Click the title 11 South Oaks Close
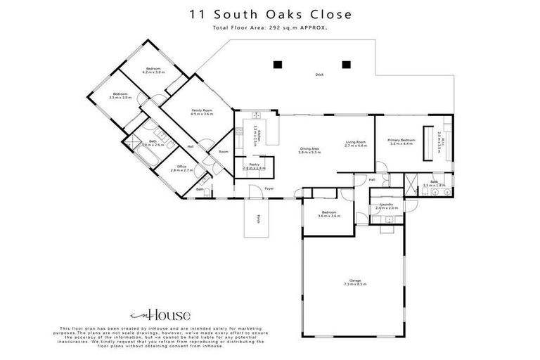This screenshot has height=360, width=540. (x=270, y=14)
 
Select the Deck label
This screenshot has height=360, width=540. (x=319, y=75)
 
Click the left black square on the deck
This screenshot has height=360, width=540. (x=277, y=65)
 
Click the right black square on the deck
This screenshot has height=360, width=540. (x=346, y=65)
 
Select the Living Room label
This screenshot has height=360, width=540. (x=356, y=143)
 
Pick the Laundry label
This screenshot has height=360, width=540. (x=386, y=206)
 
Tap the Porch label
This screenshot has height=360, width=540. (x=259, y=217)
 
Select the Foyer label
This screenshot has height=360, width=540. (x=269, y=189)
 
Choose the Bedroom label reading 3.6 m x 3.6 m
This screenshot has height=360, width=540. (x=328, y=214)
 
